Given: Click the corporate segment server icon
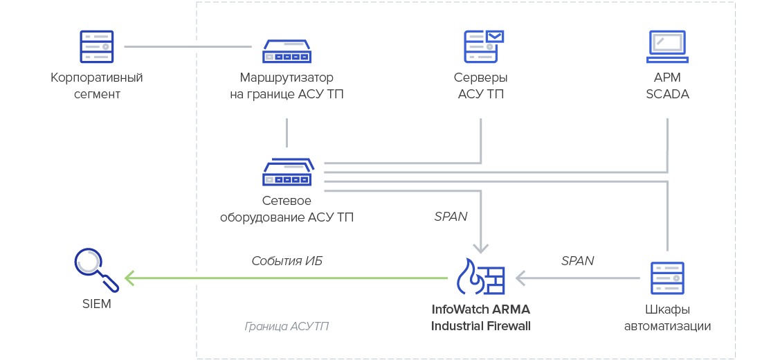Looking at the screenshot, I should (96, 46).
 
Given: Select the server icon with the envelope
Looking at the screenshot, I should (482, 46).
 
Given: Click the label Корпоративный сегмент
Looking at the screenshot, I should (97, 85).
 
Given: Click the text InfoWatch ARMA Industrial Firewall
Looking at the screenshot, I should (480, 317).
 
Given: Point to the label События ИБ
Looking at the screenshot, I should (287, 261).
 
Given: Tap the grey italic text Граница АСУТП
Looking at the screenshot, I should (287, 326).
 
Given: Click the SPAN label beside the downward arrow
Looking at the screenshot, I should (451, 217).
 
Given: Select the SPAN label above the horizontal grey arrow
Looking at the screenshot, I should (577, 261).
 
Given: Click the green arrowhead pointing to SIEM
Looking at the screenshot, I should (129, 278).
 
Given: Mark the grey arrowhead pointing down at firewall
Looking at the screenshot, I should (480, 247).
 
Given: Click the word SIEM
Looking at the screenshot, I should (96, 304).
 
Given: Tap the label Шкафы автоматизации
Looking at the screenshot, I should (667, 317).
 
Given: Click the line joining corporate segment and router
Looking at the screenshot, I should (188, 46).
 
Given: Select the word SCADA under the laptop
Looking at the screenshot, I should (667, 94).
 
